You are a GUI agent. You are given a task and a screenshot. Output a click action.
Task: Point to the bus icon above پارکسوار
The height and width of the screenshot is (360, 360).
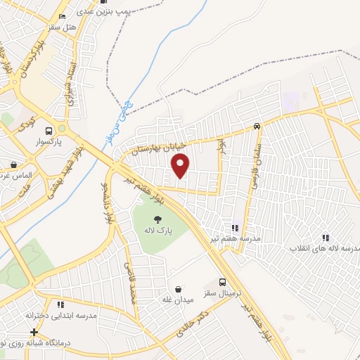49,131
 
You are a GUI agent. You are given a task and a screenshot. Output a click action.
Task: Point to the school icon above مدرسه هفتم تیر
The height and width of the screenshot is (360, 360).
235,228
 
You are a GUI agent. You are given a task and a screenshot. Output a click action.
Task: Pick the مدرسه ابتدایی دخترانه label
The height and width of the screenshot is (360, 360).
61,316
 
